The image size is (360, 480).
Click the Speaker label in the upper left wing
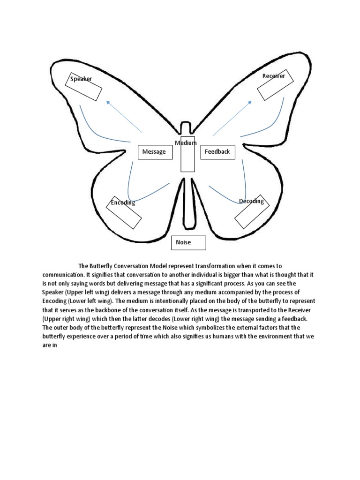click(81, 79)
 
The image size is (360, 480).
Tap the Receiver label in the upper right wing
click(273, 76)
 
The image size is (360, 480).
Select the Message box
click(154, 152)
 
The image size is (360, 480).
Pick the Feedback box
click(217, 152)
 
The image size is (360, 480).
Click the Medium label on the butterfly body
click(186, 142)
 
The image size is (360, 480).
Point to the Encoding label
click(123, 202)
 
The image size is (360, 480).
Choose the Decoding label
click(251, 201)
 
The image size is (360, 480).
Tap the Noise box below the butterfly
click(188, 242)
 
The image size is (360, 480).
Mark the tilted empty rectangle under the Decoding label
click(252, 212)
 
